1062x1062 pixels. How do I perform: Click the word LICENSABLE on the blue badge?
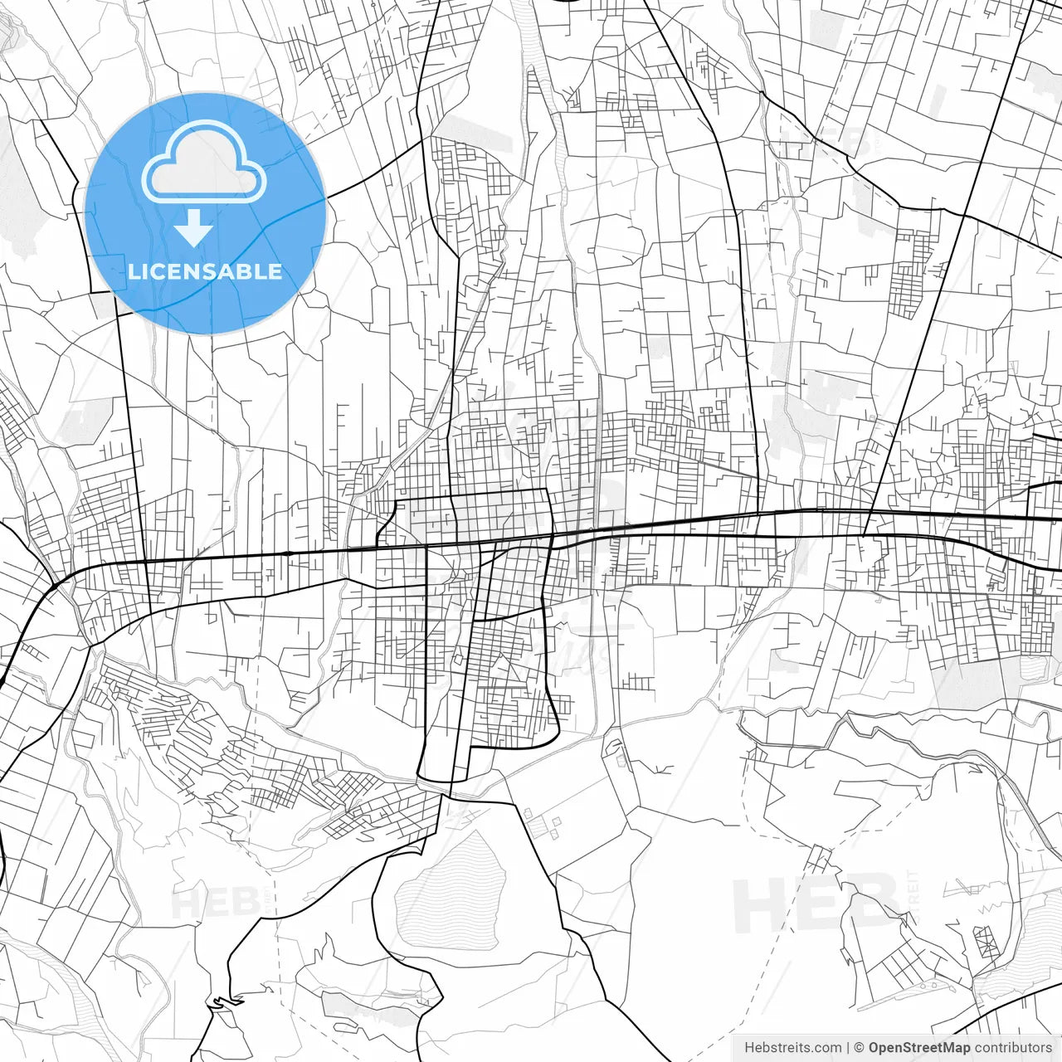click(x=205, y=271)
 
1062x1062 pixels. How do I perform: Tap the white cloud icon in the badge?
click(x=203, y=163)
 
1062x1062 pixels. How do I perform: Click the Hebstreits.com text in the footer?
click(x=792, y=1048)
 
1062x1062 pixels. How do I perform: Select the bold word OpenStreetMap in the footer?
click(x=918, y=1048)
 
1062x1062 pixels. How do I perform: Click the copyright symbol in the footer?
click(x=859, y=1048)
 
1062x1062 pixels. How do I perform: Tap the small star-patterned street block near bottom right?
click(x=987, y=942)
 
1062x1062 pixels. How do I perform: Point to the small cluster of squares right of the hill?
click(x=543, y=825)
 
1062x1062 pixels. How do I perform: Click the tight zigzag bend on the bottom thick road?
click(x=217, y=1003)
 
